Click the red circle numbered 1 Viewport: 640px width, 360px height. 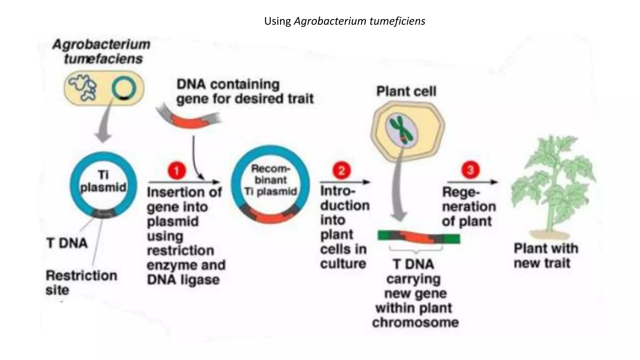[x=177, y=171]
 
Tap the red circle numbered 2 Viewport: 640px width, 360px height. [x=341, y=171]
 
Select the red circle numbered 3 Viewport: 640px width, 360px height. [x=470, y=170]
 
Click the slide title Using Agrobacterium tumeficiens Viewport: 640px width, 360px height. [x=344, y=21]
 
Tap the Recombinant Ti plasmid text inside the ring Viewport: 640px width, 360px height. [x=271, y=180]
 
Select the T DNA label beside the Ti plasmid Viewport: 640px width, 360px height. [x=67, y=243]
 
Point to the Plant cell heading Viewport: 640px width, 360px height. [x=406, y=92]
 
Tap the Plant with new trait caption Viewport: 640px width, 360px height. [x=546, y=256]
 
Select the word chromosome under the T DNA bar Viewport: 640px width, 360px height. [x=415, y=322]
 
